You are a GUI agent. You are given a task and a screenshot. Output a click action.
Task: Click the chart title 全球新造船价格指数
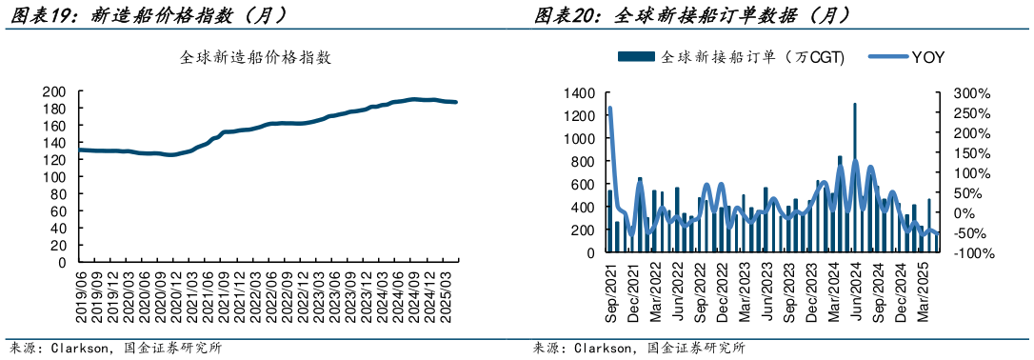(x=257, y=57)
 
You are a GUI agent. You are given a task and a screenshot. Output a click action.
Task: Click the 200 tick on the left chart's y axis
(x=54, y=92)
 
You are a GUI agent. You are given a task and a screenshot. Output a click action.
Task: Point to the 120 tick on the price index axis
(x=54, y=160)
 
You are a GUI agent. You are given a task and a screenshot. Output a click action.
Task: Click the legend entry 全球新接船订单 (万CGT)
(x=733, y=57)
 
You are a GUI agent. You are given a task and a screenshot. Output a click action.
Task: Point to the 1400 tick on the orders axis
(x=581, y=93)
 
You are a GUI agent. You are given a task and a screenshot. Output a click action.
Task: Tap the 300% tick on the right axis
(x=971, y=93)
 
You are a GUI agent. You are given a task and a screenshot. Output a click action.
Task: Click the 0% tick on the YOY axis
(x=964, y=213)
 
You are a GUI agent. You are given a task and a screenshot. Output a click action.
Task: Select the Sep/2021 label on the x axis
(x=610, y=291)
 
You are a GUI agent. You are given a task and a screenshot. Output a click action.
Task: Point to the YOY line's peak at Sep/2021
(x=608, y=108)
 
